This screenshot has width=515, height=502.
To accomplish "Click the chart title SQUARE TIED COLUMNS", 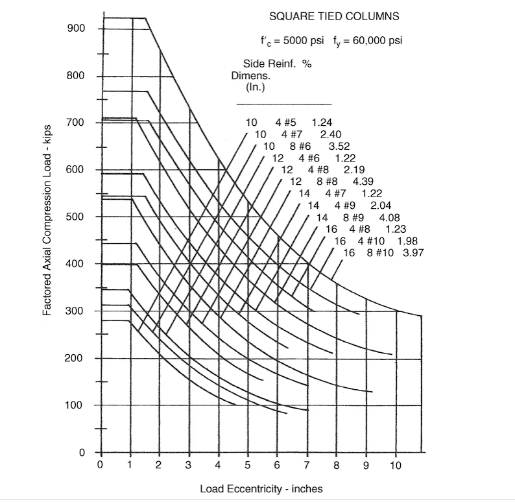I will click(x=334, y=16).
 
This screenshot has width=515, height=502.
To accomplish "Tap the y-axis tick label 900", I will click(x=76, y=29).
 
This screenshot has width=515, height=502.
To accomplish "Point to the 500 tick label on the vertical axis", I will click(x=76, y=217).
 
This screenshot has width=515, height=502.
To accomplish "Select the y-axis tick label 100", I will click(x=76, y=405).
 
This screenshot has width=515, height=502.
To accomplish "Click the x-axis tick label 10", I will click(x=396, y=465).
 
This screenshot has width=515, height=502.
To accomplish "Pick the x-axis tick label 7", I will click(x=307, y=465).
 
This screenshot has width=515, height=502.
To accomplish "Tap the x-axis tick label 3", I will click(x=189, y=465).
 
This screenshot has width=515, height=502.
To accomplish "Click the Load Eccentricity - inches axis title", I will click(x=261, y=488).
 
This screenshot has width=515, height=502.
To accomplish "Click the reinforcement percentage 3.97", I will click(x=413, y=253).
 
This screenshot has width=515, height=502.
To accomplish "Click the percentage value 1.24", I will click(x=322, y=123).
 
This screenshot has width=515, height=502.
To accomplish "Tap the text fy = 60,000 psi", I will click(x=368, y=41).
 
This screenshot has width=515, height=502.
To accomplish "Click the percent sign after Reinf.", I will click(x=307, y=64).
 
